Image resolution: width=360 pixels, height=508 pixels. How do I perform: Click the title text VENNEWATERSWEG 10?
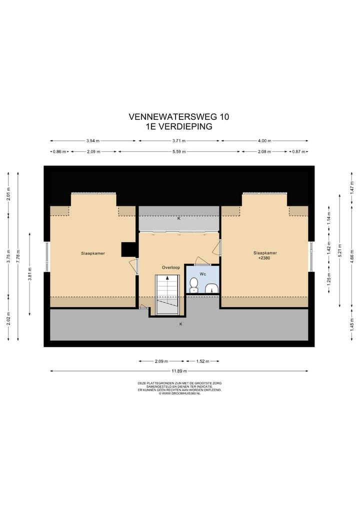point(179,117)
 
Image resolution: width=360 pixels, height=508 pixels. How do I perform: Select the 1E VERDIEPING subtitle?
point(179,126)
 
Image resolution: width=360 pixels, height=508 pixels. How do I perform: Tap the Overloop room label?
point(170,268)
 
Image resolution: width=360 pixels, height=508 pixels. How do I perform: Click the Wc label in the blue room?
point(203,274)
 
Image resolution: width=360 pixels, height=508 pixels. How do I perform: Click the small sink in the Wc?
point(212,288)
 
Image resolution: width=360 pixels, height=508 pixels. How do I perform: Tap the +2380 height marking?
point(265,259)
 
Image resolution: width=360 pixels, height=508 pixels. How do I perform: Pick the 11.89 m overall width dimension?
point(179,371)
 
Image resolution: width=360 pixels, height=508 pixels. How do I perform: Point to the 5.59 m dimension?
point(179,151)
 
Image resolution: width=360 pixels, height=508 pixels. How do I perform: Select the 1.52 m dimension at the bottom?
point(201,361)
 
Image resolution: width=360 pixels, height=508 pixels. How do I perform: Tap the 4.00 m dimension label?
point(264,141)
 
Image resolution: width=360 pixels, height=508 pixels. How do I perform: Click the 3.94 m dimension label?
point(93,141)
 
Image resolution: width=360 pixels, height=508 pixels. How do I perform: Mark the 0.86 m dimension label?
point(60,151)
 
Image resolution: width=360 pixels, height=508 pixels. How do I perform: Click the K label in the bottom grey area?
point(181,324)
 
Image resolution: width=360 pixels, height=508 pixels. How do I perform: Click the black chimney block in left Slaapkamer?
point(128,249)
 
